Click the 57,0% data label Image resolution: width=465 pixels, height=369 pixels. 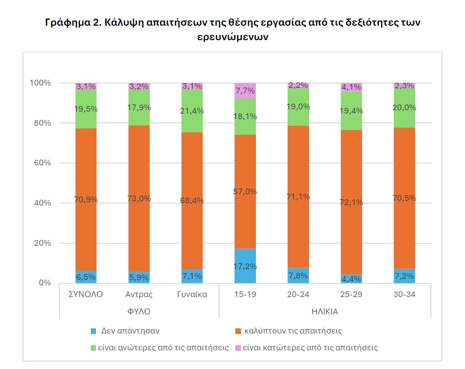point(245,192)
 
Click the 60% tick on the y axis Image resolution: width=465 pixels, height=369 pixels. point(41,163)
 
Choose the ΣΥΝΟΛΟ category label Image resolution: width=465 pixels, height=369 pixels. point(86,295)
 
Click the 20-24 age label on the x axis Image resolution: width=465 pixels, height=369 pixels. point(298,295)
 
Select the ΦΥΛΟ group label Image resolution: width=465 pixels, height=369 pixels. point(139,311)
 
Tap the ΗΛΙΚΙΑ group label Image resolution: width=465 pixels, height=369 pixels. point(324,311)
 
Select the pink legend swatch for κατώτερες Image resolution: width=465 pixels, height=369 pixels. point(238,348)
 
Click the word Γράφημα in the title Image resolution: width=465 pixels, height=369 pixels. point(66,22)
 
